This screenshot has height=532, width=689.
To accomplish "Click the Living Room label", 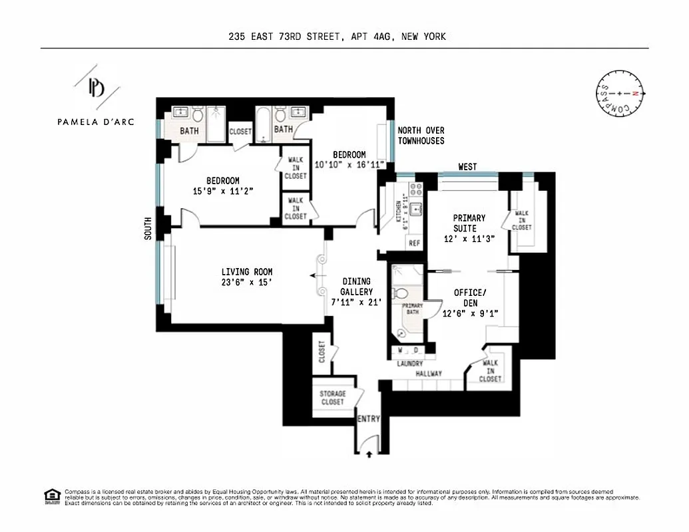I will [247, 272].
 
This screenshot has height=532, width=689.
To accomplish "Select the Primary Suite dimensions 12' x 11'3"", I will [469, 239].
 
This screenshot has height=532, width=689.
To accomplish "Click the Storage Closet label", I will [332, 398].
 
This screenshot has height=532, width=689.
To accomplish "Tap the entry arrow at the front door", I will [370, 456].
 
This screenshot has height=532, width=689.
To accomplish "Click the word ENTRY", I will [369, 419].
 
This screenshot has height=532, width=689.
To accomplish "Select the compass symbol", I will [620, 94].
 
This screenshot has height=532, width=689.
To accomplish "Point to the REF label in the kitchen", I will [415, 243].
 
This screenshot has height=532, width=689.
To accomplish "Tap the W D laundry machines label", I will [408, 350].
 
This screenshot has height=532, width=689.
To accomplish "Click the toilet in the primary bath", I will [401, 293].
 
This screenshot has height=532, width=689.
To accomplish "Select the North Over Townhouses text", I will [421, 136].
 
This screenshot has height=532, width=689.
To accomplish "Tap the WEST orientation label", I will [467, 167].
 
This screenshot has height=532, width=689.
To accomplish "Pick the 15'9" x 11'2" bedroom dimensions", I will [222, 191].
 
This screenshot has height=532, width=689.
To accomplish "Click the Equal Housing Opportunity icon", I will [51, 496].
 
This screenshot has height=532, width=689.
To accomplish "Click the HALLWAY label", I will [429, 374].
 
